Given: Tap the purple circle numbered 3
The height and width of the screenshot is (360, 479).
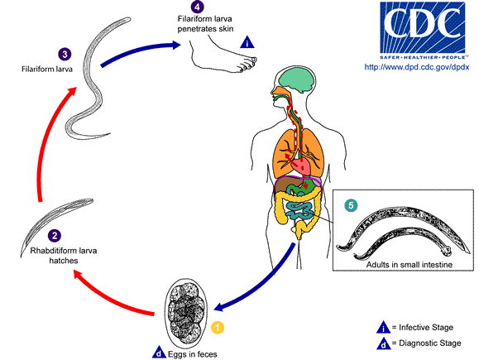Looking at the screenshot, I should click(65, 54).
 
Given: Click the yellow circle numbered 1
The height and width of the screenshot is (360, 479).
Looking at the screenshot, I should click(218, 327).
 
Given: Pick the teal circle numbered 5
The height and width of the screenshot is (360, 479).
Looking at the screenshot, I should click(351, 204).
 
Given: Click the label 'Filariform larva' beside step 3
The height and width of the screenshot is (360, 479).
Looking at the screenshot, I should click(38, 70).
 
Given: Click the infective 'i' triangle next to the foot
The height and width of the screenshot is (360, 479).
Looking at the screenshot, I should click(247, 42).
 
